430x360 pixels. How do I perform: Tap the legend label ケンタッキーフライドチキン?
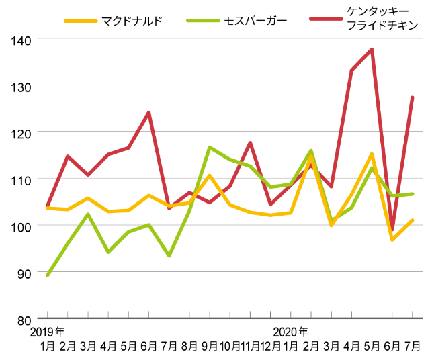point(382,20)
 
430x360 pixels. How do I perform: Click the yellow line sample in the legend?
point(80,21)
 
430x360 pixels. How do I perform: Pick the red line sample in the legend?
point(326,21)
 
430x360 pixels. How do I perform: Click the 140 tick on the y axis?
point(21,40)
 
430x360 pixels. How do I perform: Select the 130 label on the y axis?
point(21,86)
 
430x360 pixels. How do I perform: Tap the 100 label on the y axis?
point(21,226)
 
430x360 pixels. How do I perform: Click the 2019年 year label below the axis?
point(48,332)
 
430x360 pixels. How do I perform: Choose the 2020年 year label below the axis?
point(291,332)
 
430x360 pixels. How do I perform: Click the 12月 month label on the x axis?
point(270,346)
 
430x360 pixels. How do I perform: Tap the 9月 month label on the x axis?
point(209,346)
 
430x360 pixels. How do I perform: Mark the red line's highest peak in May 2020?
point(372,49)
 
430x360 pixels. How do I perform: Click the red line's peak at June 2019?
point(148,112)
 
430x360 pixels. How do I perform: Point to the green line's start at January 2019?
point(47,275)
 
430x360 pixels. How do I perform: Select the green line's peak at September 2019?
point(210,147)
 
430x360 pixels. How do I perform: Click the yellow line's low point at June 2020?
point(392,240)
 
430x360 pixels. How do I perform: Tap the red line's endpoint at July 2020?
point(413,97)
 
